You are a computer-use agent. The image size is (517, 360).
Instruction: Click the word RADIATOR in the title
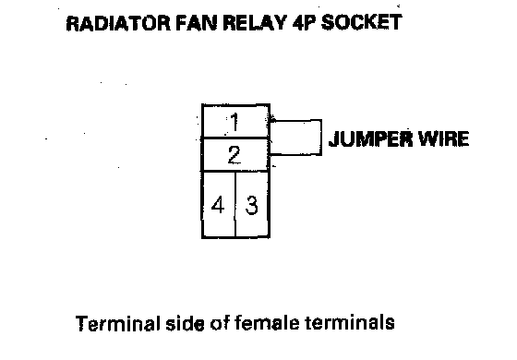tap(118, 23)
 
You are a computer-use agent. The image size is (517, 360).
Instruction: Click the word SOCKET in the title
tap(361, 23)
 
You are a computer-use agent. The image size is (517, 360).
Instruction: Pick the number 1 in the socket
tap(234, 122)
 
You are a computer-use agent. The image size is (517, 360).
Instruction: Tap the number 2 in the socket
tap(234, 155)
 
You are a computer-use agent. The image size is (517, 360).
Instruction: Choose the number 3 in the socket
tap(251, 205)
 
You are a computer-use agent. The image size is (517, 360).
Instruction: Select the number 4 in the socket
tap(218, 205)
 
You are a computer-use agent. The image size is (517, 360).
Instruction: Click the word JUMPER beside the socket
tap(370, 138)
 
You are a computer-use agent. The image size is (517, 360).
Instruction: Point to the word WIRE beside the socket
tap(443, 138)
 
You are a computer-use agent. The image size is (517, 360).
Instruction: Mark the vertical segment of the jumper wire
tap(321, 138)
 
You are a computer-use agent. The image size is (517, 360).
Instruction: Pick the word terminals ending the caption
tap(350, 322)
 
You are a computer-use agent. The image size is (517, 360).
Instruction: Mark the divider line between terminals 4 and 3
tap(235, 204)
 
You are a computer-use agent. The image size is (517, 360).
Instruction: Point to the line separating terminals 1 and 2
tap(235, 138)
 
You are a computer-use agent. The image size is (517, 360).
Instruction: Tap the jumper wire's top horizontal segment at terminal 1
tap(295, 121)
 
